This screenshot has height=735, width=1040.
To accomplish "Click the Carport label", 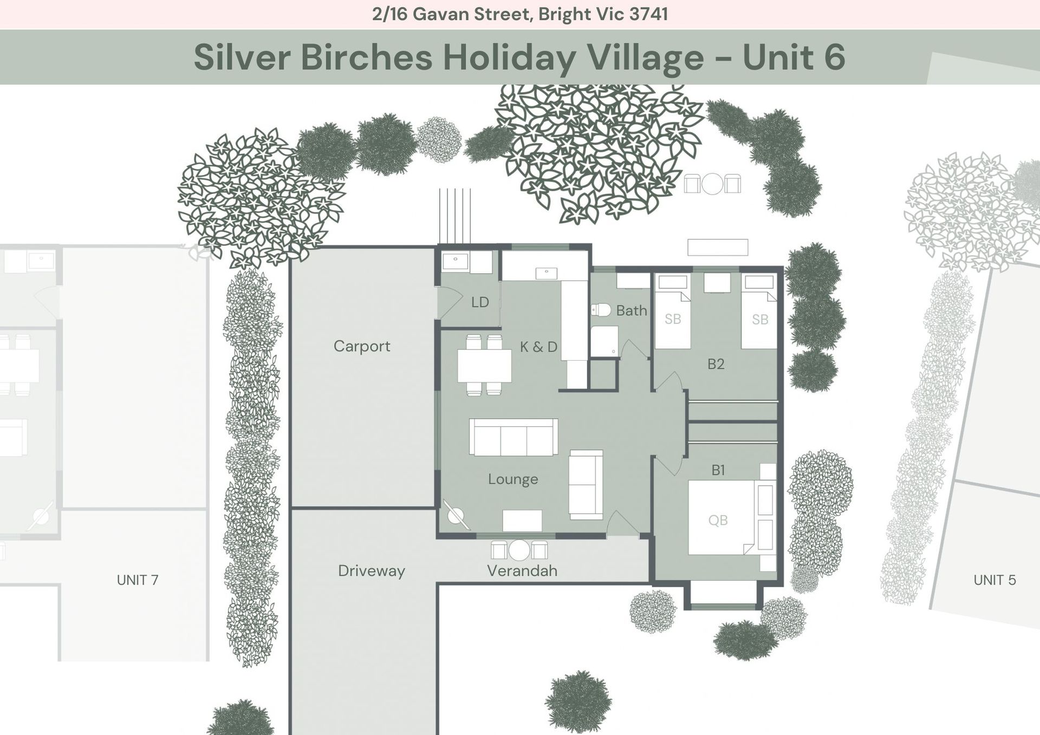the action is click(x=362, y=346).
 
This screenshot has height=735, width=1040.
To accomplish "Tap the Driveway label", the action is click(x=372, y=571).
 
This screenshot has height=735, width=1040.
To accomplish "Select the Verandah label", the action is click(x=522, y=571).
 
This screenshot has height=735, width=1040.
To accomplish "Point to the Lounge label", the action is click(x=513, y=479).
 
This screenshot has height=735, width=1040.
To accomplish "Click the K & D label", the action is click(x=538, y=347).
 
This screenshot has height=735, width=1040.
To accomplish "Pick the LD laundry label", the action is click(x=480, y=302).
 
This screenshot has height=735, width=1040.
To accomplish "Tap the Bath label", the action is click(x=632, y=310).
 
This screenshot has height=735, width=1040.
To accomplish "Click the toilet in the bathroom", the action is click(x=601, y=310).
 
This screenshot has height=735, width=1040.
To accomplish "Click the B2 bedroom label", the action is click(x=716, y=364).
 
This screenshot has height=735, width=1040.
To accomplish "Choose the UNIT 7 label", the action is click(x=138, y=580).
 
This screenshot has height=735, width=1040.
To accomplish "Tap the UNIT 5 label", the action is click(x=994, y=580).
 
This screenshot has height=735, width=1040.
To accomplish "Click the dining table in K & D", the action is click(x=484, y=366).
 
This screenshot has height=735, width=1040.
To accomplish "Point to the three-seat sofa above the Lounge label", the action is click(x=513, y=437).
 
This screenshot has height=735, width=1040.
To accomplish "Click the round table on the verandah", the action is click(x=519, y=550).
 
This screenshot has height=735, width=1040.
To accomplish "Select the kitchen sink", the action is click(x=546, y=274).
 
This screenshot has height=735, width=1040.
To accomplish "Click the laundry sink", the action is click(x=456, y=262).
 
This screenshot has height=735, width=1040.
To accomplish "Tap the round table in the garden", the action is click(x=712, y=184).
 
